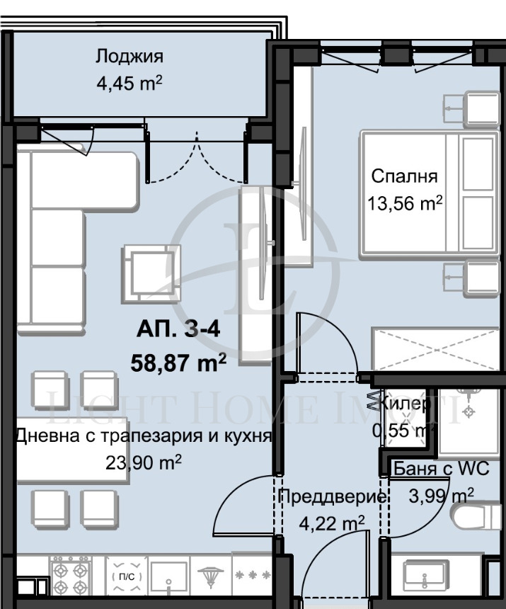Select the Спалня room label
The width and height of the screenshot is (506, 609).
pos(404,176)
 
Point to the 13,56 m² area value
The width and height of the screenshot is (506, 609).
pos(404,204)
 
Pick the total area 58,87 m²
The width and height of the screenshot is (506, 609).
pos(178,363)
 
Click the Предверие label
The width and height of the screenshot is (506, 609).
pos(333,496)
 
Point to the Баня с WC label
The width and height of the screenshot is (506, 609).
pos(442,469)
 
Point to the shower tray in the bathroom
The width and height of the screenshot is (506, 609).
pos(468,421)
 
